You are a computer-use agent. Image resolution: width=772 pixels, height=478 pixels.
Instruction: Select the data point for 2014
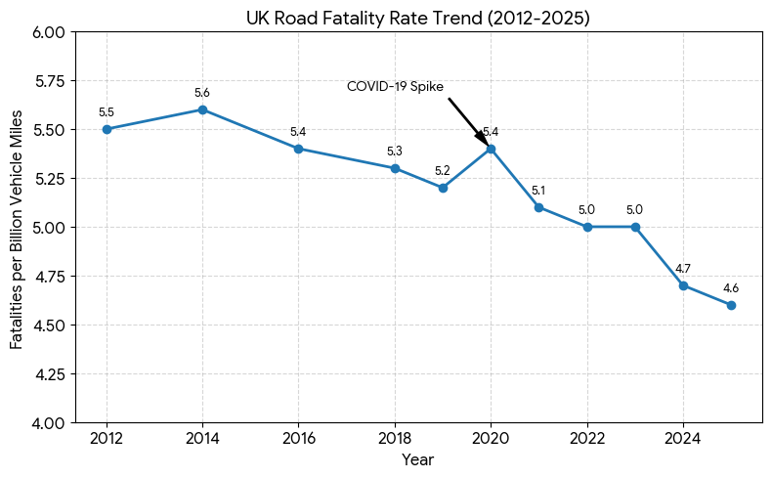[202, 109]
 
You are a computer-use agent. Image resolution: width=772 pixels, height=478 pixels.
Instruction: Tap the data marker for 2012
[107, 129]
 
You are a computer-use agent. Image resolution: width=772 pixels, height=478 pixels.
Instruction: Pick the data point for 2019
[443, 188]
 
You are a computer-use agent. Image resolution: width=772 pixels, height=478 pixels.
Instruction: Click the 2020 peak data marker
[491, 149]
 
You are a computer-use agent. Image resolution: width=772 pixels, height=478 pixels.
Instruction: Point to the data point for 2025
[731, 305]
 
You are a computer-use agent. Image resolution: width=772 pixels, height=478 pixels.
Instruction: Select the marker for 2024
[683, 285]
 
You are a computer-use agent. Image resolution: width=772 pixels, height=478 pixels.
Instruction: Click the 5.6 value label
[202, 93]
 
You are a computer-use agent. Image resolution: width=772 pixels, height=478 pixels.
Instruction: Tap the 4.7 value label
[683, 269]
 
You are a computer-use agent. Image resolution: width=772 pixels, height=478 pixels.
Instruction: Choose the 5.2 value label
[443, 171]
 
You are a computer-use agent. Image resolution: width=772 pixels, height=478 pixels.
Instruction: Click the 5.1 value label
[538, 191]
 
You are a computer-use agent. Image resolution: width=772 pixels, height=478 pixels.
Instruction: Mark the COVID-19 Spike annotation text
[395, 86]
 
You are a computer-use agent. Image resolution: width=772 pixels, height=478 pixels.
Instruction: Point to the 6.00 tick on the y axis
[49, 31]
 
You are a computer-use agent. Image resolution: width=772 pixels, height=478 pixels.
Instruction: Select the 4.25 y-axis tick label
[49, 373]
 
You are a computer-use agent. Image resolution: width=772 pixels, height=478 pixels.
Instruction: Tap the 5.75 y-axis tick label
[49, 80]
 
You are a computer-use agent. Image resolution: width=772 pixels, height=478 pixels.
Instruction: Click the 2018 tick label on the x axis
[395, 438]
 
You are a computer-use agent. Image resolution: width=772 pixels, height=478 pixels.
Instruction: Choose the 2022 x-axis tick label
[587, 438]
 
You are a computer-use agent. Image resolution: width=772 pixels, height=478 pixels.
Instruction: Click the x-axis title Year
[418, 459]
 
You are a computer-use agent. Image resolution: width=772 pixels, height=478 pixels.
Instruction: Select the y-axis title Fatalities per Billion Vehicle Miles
[18, 227]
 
